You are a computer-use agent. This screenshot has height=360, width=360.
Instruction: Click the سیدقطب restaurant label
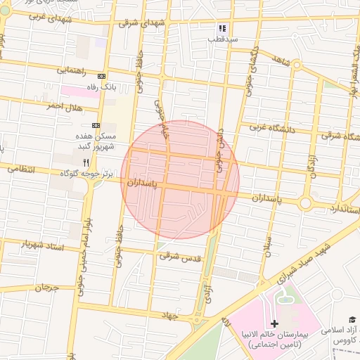222,39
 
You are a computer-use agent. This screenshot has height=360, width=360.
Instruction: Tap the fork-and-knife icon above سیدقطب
222,29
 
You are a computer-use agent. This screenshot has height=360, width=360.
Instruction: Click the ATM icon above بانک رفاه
102,76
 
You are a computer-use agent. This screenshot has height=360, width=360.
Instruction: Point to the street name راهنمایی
72,71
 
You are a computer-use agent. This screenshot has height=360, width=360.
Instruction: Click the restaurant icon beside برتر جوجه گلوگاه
86,162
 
